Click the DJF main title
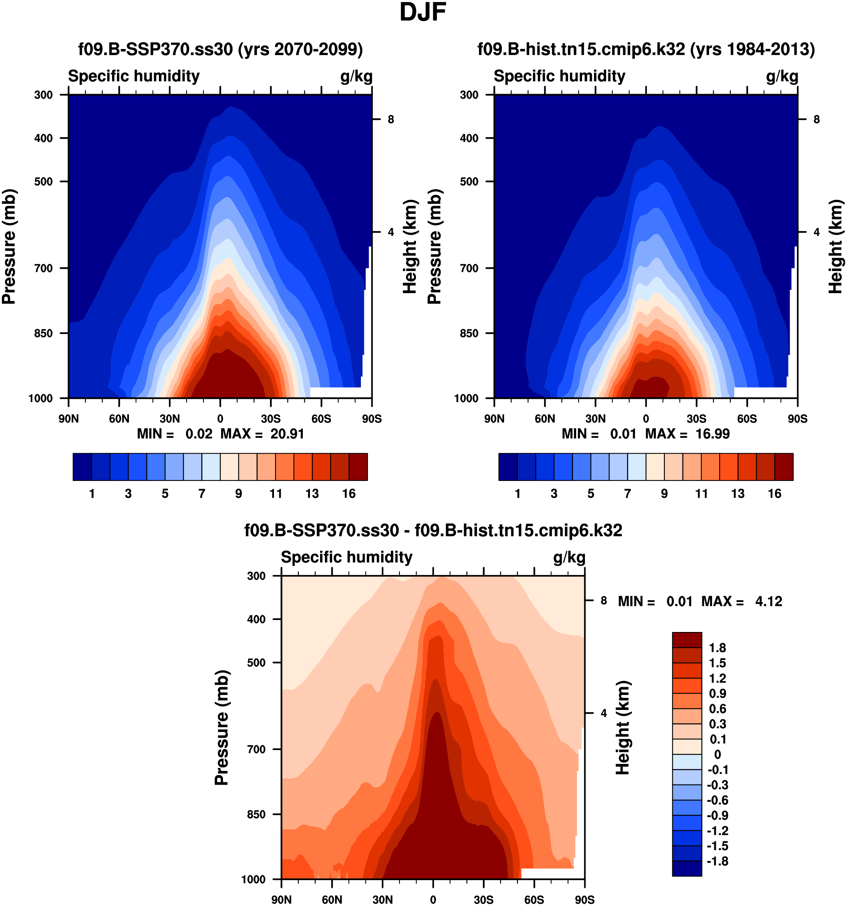click(x=422, y=12)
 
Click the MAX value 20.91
click(x=287, y=433)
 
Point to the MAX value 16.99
click(x=712, y=433)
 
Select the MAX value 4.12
click(x=769, y=601)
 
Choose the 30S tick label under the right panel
click(x=696, y=418)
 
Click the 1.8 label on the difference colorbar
click(x=717, y=648)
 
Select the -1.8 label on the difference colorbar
click(x=717, y=861)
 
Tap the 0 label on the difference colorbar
click(x=717, y=754)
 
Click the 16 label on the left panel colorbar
click(x=349, y=494)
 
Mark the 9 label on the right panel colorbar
click(x=664, y=494)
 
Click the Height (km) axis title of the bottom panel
click(x=623, y=728)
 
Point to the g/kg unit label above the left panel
click(x=356, y=76)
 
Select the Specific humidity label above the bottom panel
click(x=346, y=557)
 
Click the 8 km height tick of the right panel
click(x=817, y=120)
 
